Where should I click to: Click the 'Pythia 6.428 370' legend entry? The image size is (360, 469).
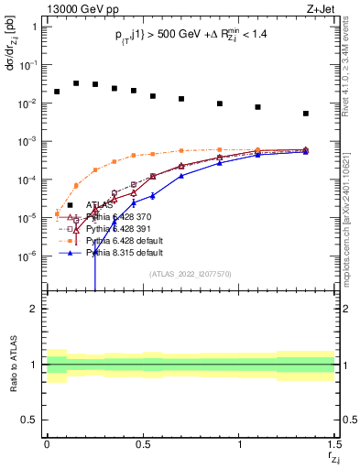(119, 217)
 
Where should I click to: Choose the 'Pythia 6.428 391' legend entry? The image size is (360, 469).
(119, 229)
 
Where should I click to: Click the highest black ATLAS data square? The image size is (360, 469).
(76, 82)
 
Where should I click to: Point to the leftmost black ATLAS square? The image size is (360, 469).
(57, 92)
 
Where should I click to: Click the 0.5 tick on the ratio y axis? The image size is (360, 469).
(31, 420)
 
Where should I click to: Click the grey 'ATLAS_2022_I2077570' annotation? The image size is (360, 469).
(191, 274)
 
